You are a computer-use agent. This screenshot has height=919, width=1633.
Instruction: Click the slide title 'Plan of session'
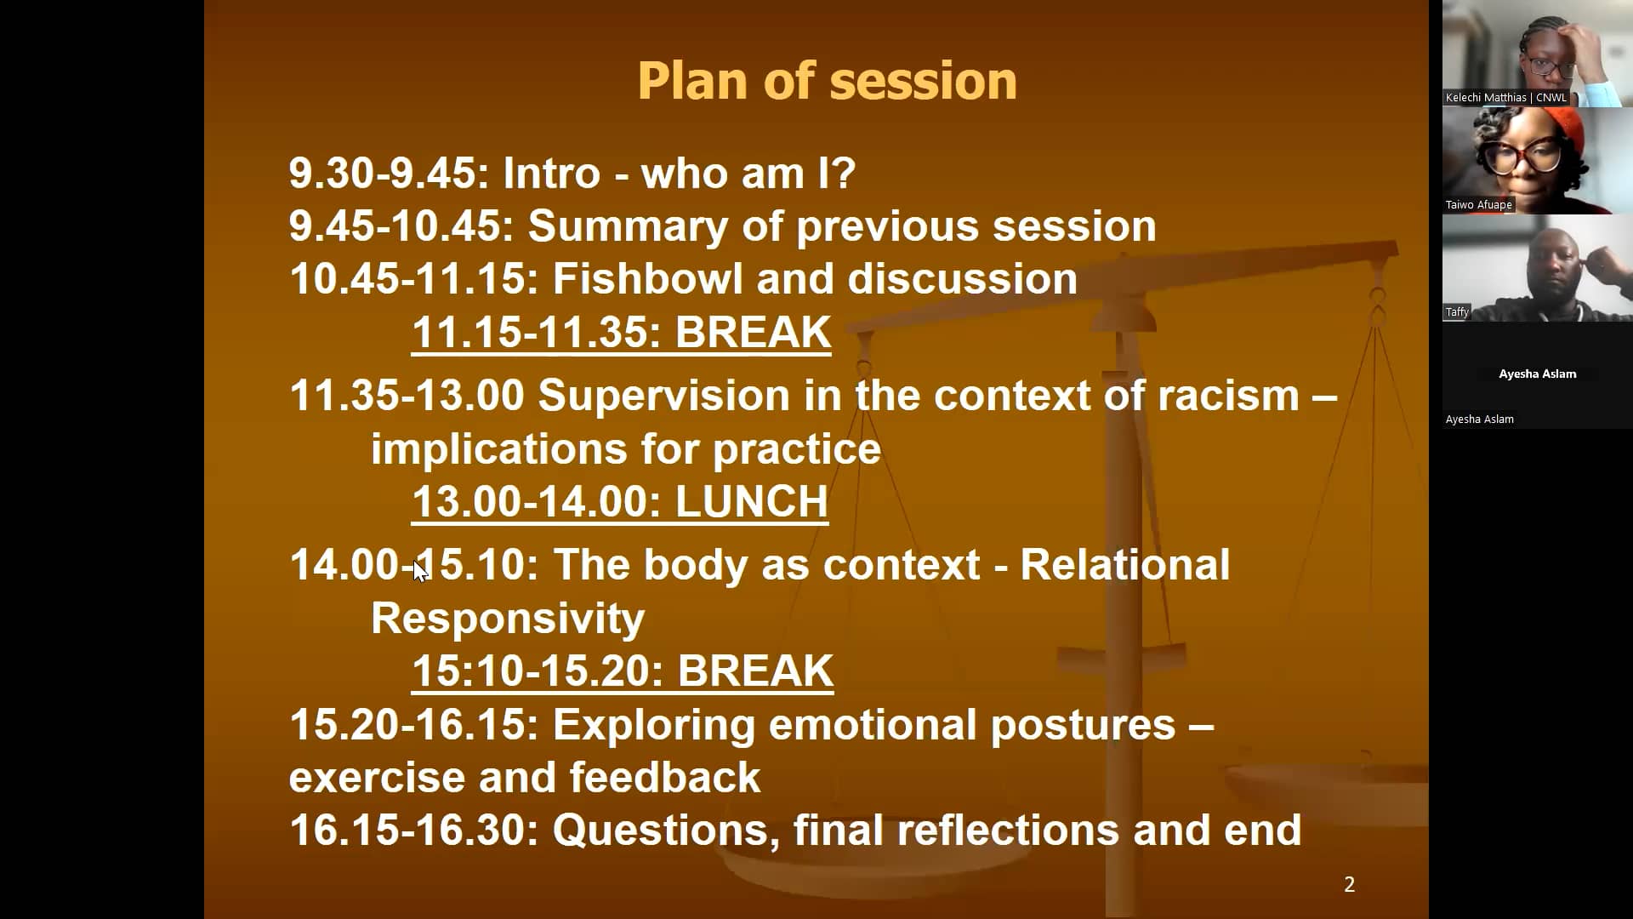click(x=827, y=81)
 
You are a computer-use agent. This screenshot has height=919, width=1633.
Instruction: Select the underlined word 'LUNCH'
click(x=751, y=502)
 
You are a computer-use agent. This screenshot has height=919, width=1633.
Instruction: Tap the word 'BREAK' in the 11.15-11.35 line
click(x=753, y=333)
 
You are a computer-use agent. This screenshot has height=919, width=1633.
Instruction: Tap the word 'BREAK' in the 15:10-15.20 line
click(x=755, y=671)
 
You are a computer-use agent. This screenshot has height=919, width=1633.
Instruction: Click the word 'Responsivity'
click(x=508, y=619)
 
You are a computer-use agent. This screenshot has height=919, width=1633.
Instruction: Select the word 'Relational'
click(x=1124, y=565)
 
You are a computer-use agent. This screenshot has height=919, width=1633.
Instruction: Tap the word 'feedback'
click(x=664, y=778)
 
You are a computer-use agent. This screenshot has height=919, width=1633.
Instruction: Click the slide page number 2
click(x=1349, y=885)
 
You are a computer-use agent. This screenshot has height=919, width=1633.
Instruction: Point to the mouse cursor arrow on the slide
click(x=419, y=570)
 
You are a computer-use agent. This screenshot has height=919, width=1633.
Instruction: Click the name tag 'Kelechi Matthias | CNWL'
click(x=1505, y=98)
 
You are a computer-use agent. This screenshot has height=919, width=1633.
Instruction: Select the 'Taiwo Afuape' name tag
click(x=1478, y=205)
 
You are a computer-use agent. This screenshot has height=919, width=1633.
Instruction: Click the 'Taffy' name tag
click(x=1457, y=312)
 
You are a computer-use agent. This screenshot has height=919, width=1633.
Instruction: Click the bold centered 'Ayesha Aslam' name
click(x=1537, y=374)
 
